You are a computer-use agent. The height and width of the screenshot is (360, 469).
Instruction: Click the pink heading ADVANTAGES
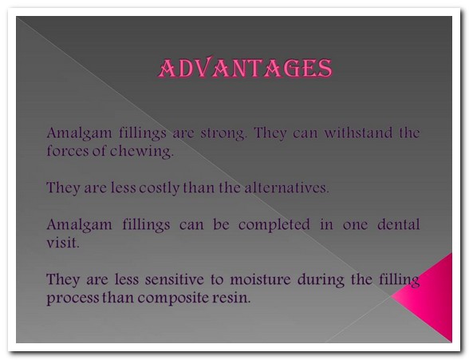coord(245,68)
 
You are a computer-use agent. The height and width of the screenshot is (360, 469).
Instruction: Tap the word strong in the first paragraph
coord(223,133)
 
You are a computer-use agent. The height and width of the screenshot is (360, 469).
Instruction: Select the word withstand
coord(358,133)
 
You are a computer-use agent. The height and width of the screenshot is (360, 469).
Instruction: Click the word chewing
coord(142,152)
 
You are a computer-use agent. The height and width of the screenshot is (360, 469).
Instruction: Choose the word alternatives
coord(287,188)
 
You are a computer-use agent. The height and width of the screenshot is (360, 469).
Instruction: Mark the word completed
coord(274,225)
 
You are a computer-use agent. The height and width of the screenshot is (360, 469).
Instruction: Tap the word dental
coord(399,224)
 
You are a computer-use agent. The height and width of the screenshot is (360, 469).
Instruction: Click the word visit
coord(63,243)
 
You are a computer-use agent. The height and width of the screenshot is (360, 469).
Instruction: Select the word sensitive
coord(175,279)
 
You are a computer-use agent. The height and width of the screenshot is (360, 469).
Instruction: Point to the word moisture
coord(260,279)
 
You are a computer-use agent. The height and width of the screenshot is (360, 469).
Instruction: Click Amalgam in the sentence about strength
coord(79,133)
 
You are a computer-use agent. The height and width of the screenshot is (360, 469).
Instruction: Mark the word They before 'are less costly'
coord(64,188)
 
